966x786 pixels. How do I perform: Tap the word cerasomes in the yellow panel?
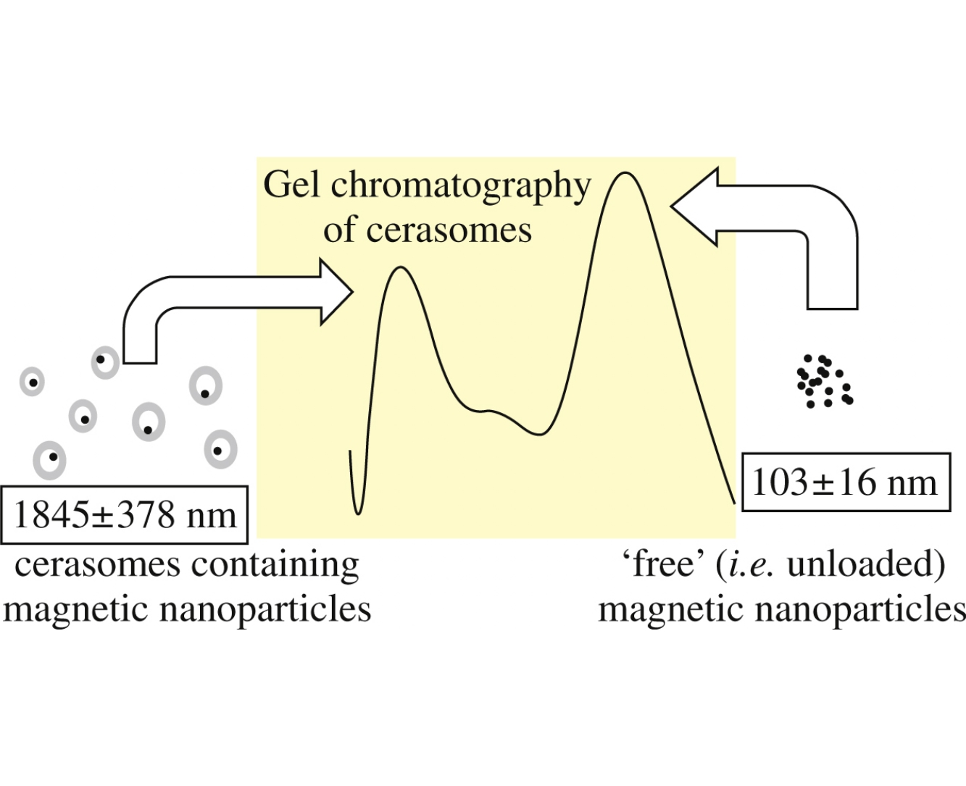point(449,230)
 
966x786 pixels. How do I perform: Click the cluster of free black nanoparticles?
point(823,381)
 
